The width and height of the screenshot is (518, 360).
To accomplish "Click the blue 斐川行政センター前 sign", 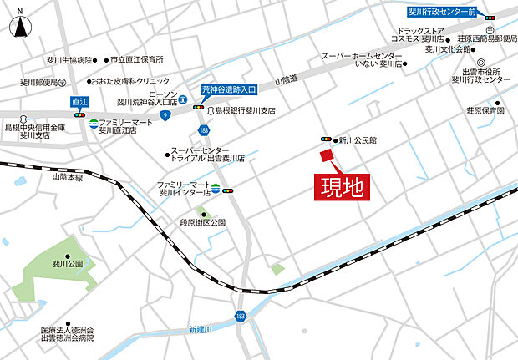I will click(x=443, y=13).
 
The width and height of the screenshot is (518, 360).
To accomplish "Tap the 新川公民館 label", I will click(x=357, y=141).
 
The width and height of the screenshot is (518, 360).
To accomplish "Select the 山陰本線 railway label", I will click(x=69, y=178).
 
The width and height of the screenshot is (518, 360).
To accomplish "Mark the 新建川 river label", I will click(x=201, y=327).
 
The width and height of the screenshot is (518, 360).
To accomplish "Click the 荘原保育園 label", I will click(x=485, y=110).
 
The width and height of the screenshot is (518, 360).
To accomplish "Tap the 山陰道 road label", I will click(x=286, y=77).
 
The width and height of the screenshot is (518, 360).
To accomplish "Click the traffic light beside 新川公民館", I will click(x=324, y=139).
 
